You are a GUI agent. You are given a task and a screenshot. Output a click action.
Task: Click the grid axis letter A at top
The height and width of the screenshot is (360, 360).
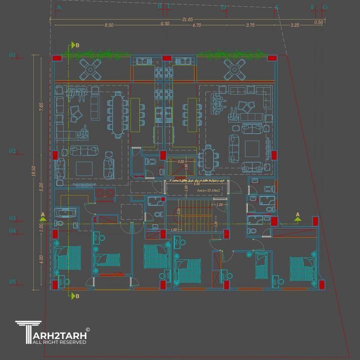tap(59, 7)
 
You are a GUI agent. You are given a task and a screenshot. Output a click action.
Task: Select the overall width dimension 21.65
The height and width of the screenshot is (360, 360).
tap(187, 19)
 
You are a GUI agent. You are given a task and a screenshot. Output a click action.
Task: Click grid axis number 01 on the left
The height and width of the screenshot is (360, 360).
tap(13, 54)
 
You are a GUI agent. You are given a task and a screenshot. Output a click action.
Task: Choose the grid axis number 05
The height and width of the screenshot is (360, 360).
tap(13, 281)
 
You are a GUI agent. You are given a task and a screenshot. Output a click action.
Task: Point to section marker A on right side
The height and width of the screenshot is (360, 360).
tap(298, 215)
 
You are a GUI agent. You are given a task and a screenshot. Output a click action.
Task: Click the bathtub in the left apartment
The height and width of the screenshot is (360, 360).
tap(65, 213)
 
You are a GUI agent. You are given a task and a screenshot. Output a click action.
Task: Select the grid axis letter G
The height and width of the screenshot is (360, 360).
tap(325, 7)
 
